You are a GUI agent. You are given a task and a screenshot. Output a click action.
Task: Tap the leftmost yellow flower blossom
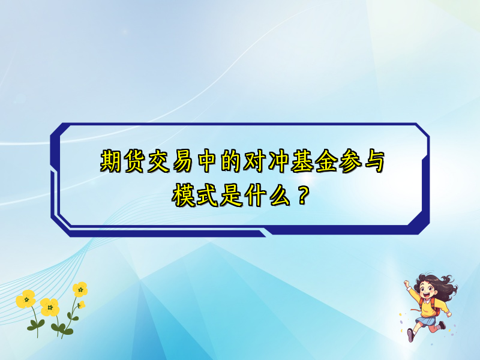tap(25, 299)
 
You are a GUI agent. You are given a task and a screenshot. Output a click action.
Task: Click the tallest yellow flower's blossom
tap(80, 289)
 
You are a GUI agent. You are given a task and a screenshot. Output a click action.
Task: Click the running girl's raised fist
tap(407, 282)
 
